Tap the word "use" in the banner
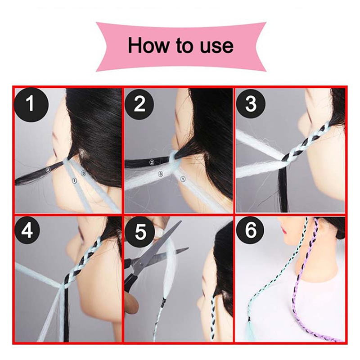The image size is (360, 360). click(x=216, y=47)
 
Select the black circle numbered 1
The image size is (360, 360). click(x=31, y=104)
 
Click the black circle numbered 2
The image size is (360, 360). click(x=139, y=104)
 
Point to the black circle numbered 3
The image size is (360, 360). click(x=251, y=104)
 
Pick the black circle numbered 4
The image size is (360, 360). click(x=27, y=230)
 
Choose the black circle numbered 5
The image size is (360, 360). click(x=140, y=232)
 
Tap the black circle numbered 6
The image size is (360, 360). click(x=251, y=229)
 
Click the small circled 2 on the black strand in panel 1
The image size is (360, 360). click(x=48, y=170)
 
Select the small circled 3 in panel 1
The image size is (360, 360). click(x=83, y=172)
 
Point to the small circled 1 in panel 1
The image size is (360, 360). click(x=74, y=181)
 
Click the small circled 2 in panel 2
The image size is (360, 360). click(x=151, y=162)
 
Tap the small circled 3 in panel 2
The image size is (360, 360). click(x=161, y=174)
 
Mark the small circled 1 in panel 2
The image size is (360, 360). click(x=183, y=179)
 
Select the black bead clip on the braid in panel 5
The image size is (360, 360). click(x=163, y=300)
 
